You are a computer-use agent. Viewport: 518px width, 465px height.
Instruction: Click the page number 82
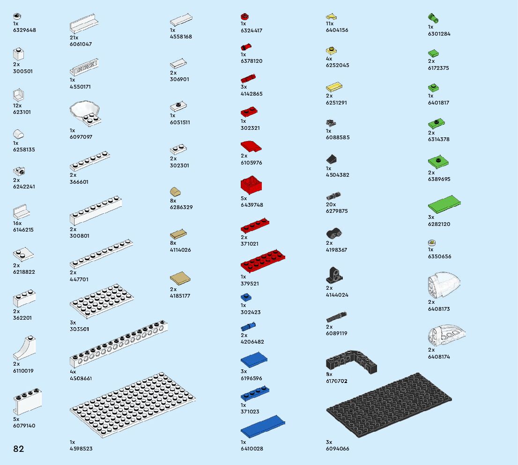(x=19, y=449)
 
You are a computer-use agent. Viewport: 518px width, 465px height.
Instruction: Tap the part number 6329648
(x=24, y=30)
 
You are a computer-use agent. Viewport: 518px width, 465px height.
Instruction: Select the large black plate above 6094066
(x=389, y=405)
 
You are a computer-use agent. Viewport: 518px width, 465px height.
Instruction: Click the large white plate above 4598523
(x=132, y=405)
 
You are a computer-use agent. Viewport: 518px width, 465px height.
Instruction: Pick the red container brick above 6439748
(x=252, y=185)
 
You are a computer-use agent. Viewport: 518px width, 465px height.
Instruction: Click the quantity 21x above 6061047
(x=74, y=37)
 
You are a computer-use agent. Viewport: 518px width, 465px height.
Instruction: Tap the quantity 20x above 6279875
(x=331, y=204)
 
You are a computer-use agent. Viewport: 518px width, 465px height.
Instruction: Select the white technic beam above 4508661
(x=118, y=345)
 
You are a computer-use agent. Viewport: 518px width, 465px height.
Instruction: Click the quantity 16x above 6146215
(x=17, y=223)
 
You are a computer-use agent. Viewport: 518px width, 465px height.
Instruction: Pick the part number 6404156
(x=337, y=30)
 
